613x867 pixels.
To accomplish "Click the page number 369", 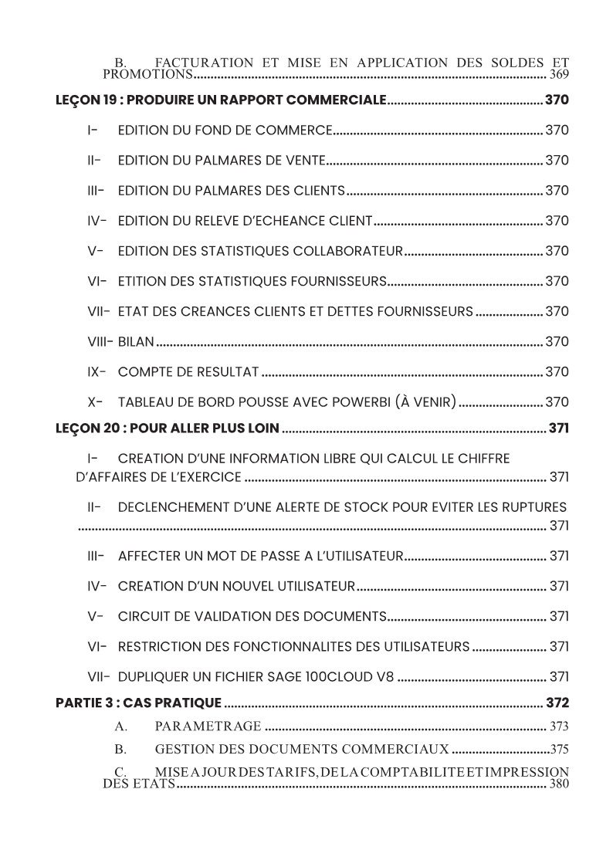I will (x=559, y=75).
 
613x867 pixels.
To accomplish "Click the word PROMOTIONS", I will (x=147, y=75).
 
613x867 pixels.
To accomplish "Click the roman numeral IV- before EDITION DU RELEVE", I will (x=97, y=221).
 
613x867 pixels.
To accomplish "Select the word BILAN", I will (x=136, y=341).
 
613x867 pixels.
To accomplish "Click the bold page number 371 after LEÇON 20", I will (x=558, y=428).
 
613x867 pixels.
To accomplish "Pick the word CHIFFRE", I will (x=484, y=459).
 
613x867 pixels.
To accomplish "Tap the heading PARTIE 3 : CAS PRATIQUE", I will (x=139, y=703).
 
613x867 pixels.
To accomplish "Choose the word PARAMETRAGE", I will (x=208, y=726).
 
